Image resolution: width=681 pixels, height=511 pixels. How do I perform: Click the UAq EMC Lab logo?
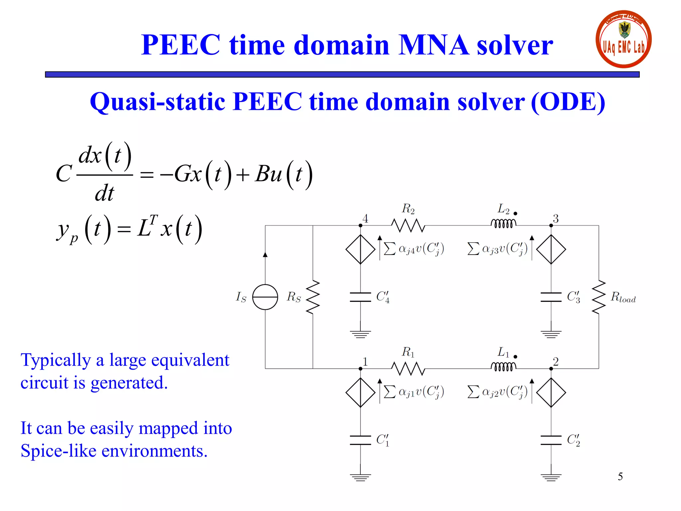pyautogui.click(x=623, y=39)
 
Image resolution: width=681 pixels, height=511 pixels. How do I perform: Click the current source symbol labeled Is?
pyautogui.click(x=265, y=297)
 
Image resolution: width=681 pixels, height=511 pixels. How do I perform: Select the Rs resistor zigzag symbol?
pyautogui.click(x=313, y=297)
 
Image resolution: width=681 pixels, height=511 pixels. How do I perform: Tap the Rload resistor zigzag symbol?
pyautogui.click(x=599, y=297)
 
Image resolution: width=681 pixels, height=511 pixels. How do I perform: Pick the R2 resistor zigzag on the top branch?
pyautogui.click(x=408, y=226)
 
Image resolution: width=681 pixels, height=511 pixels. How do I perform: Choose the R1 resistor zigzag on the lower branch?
pyautogui.click(x=408, y=369)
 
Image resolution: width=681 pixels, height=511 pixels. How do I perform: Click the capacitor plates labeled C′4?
pyautogui.click(x=360, y=297)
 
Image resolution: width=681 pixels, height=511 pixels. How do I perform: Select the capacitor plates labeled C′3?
pyautogui.click(x=551, y=297)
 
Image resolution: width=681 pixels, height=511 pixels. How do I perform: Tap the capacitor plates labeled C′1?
pyautogui.click(x=360, y=440)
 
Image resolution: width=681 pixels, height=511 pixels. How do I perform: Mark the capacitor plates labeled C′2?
pyautogui.click(x=551, y=440)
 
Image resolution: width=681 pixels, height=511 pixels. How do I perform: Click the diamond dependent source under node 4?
pyautogui.click(x=360, y=249)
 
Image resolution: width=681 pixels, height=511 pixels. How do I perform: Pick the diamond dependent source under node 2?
pyautogui.click(x=551, y=392)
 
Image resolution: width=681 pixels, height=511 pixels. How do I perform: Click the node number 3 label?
pyautogui.click(x=556, y=219)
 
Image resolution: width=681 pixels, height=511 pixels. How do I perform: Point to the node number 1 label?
pyautogui.click(x=365, y=362)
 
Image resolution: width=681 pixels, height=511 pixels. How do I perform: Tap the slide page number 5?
pyautogui.click(x=620, y=476)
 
